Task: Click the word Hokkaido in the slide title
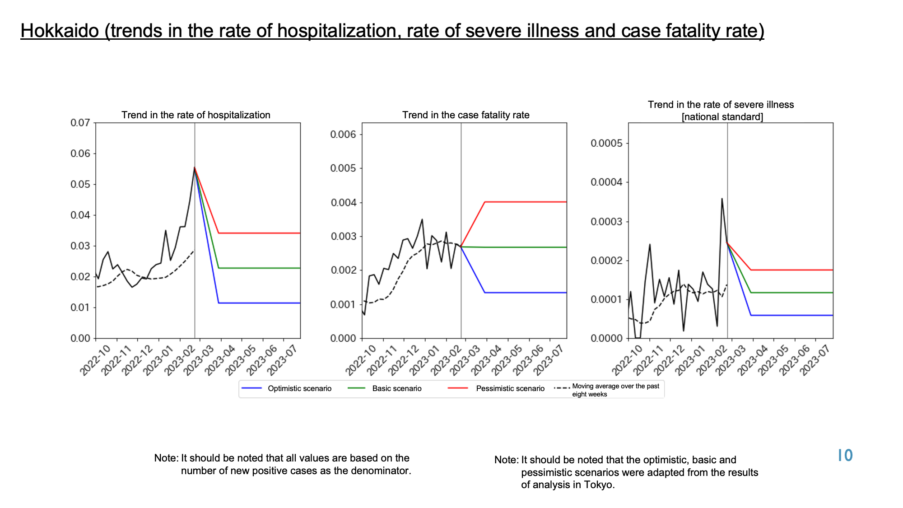(60, 31)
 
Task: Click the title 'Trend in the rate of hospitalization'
(196, 115)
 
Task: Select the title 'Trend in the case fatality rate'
(466, 115)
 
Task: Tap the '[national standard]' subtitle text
(722, 117)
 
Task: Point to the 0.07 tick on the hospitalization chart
(80, 123)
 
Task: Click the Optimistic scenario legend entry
(286, 388)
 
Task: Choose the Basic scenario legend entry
(385, 388)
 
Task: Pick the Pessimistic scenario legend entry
(496, 388)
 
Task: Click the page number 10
(845, 456)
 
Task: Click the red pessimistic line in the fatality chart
(526, 202)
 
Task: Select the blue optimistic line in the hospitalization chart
(259, 303)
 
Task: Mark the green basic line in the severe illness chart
(792, 293)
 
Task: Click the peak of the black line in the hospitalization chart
(195, 168)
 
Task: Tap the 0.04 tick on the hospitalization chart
(80, 215)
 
